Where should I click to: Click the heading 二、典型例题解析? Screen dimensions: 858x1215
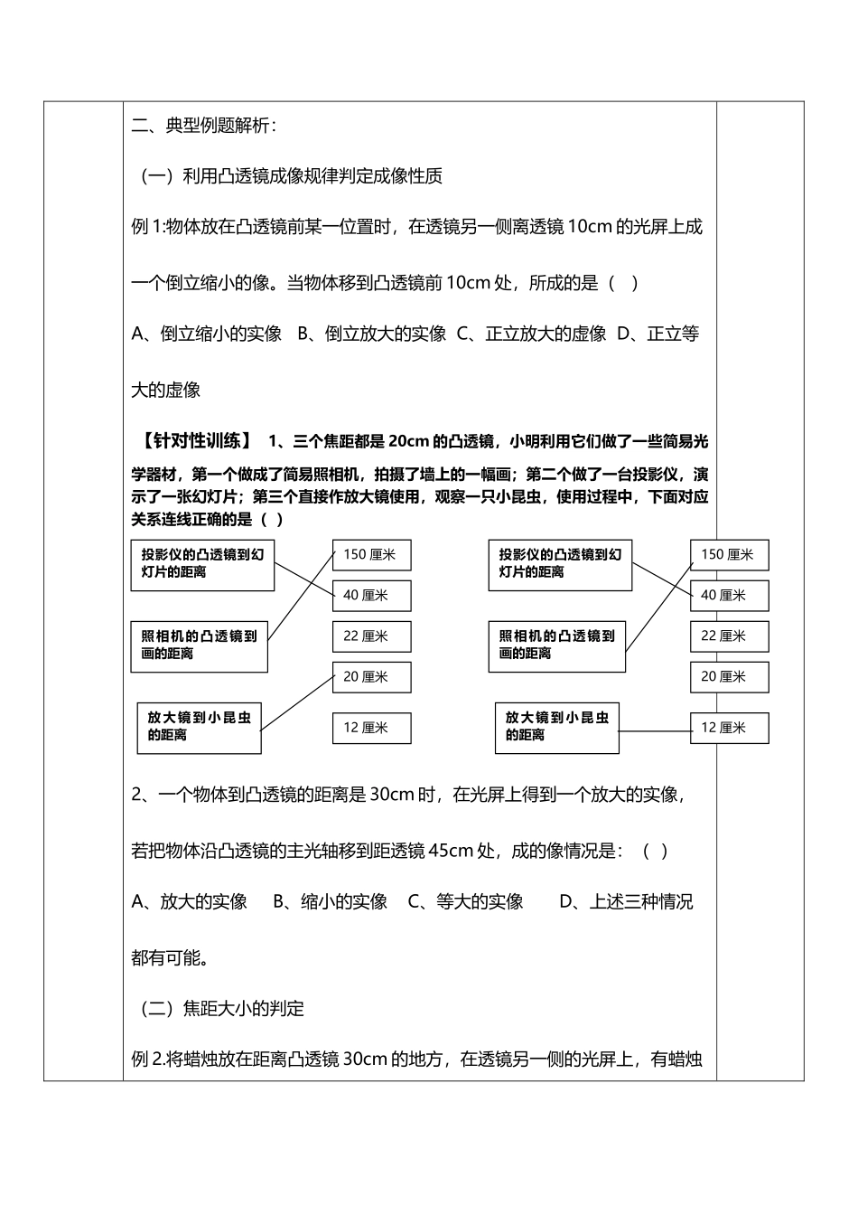coord(204,127)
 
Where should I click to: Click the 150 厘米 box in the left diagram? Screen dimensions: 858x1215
coord(371,555)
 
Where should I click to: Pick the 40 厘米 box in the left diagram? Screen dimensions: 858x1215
coord(371,596)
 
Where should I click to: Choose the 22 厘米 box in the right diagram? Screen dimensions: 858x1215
coord(729,636)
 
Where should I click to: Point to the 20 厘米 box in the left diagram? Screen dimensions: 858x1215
coord(371,677)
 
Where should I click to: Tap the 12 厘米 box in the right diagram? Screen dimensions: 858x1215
coord(729,728)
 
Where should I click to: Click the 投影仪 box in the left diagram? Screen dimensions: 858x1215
coord(202,563)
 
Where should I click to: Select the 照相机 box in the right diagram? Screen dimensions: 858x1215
coord(556,645)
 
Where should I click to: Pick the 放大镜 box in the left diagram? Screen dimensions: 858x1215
coord(199,727)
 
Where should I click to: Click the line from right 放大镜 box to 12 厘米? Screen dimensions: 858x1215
coord(655,730)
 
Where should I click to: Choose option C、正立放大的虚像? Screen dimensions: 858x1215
coord(531,334)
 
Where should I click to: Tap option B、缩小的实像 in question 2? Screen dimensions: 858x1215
coord(331,901)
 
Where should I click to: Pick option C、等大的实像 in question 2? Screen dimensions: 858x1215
coord(466,901)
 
